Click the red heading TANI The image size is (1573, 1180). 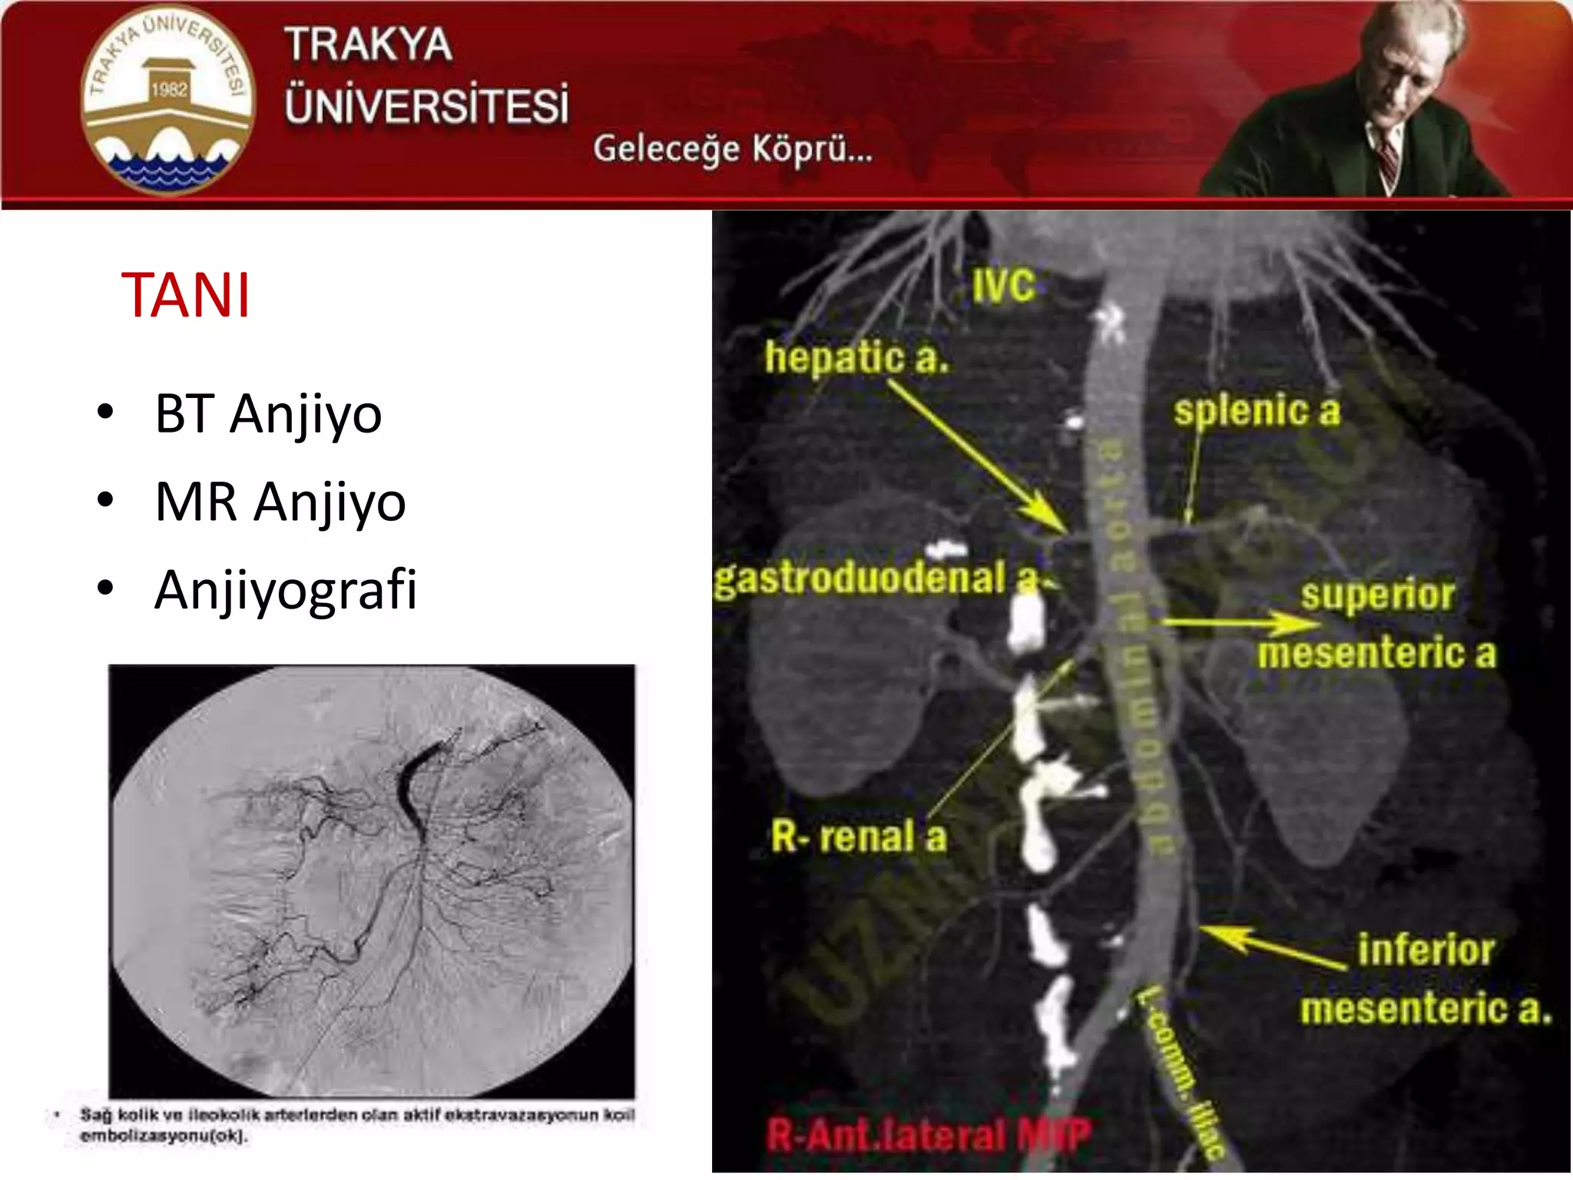click(186, 296)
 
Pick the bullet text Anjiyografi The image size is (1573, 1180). click(286, 590)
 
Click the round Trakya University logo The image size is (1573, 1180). click(167, 101)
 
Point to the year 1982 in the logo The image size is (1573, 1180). click(169, 90)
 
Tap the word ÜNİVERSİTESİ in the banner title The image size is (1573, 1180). click(427, 106)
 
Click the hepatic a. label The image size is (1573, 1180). click(856, 358)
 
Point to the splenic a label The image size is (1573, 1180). click(1257, 411)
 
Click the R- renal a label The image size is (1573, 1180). click(859, 837)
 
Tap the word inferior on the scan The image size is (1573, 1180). click(1426, 950)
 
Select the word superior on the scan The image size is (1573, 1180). click(1378, 595)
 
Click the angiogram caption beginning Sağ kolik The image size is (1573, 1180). click(357, 1125)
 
